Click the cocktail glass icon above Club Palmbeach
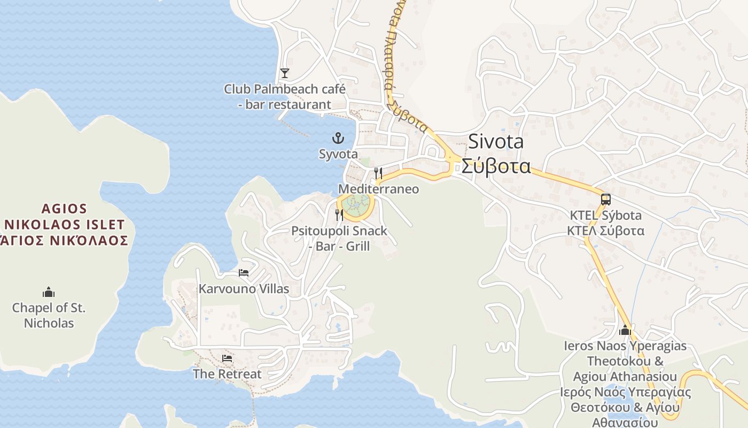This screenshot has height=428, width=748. click(x=285, y=73)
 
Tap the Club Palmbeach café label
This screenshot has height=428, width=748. click(x=285, y=96)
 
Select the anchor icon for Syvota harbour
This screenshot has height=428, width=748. click(x=338, y=139)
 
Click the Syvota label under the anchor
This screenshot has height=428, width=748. click(x=338, y=154)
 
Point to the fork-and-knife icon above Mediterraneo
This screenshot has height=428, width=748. click(x=378, y=173)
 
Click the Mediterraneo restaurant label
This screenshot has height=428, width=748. click(x=379, y=189)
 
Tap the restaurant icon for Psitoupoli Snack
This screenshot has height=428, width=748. click(x=339, y=215)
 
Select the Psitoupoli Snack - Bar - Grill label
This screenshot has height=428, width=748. click(x=339, y=239)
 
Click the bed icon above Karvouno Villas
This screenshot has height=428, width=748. click(x=244, y=273)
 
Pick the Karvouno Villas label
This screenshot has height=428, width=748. click(x=244, y=289)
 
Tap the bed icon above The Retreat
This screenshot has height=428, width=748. click(x=227, y=358)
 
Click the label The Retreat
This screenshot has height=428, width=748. click(x=227, y=374)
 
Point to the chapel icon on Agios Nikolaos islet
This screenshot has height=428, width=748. click(x=49, y=292)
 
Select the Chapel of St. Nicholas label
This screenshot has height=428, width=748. click(x=49, y=316)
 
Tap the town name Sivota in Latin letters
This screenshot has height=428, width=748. click(x=496, y=142)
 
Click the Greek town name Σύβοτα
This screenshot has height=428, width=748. click(x=496, y=166)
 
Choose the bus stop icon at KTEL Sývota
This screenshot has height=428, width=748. click(x=605, y=200)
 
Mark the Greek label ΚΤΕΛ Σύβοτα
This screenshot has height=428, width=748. click(x=605, y=231)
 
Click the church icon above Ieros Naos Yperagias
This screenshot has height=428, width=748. click(x=625, y=330)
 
